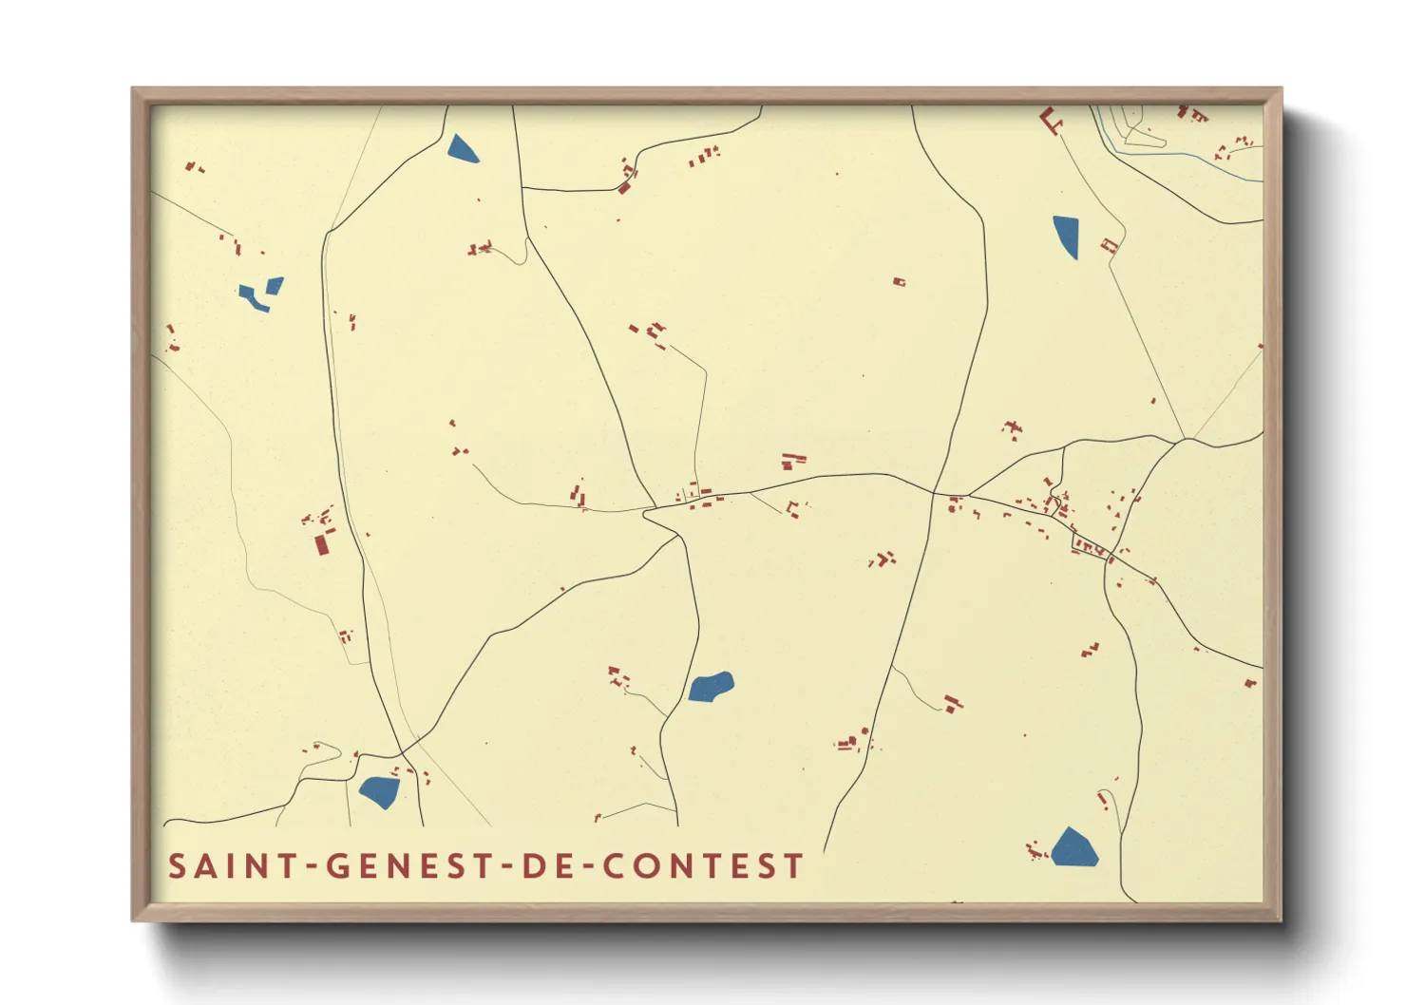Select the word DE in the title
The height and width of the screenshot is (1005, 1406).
click(543, 866)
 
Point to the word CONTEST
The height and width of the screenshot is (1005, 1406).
click(704, 866)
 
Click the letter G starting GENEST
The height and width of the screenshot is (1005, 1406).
click(337, 866)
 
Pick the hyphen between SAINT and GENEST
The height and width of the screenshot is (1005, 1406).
click(310, 866)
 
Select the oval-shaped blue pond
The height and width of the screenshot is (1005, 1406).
click(711, 686)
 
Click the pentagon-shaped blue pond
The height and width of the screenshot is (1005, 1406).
click(1073, 848)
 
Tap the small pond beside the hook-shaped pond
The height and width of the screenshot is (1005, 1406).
click(275, 284)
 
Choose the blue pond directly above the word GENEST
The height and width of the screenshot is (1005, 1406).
click(379, 791)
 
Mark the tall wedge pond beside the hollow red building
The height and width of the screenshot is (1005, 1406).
click(1067, 236)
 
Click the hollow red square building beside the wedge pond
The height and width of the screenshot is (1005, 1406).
click(1108, 246)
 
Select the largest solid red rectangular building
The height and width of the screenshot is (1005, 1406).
click(322, 543)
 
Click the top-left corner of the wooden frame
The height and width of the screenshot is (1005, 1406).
click(134, 90)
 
